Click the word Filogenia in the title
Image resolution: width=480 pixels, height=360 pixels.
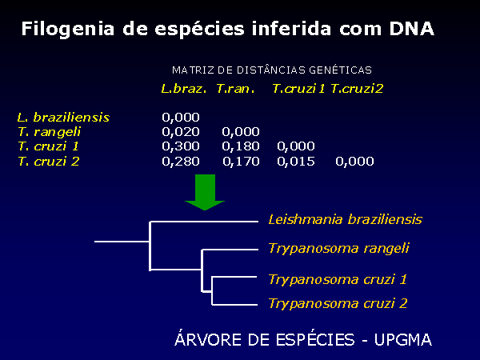(68, 30)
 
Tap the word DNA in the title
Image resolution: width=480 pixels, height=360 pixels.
(412, 29)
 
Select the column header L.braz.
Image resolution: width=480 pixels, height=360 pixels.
(184, 89)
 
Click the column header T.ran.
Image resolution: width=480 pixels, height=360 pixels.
(235, 89)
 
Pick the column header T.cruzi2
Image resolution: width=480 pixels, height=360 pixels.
(357, 89)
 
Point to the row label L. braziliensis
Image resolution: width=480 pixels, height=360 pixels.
(64, 118)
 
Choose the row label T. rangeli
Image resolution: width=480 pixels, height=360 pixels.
(50, 132)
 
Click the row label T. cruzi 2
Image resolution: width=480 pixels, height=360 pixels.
(49, 162)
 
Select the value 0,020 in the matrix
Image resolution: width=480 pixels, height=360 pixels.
(181, 132)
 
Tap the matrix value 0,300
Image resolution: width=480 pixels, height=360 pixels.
(181, 146)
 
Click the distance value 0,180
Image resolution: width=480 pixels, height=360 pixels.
(241, 146)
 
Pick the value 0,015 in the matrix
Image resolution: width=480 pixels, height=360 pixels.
(296, 162)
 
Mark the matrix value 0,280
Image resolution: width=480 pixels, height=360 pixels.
(181, 162)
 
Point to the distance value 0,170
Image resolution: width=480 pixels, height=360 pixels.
(241, 162)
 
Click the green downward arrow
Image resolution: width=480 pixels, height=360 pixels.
(205, 192)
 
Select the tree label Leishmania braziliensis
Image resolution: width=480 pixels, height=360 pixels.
(346, 219)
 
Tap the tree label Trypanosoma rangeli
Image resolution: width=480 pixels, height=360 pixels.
(339, 248)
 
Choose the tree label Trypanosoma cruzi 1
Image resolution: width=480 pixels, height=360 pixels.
(338, 279)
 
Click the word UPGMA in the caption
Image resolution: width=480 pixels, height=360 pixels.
(403, 339)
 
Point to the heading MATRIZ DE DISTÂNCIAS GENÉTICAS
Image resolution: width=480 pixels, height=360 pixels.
(272, 70)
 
